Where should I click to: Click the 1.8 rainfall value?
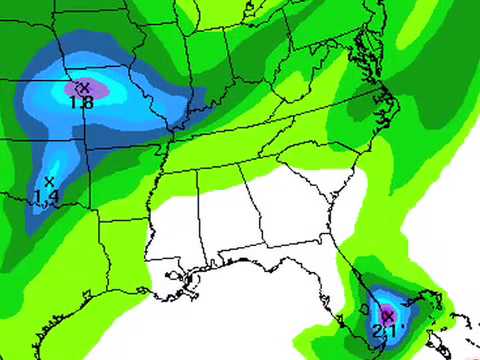(x=82, y=101)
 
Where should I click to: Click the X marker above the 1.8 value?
(x=84, y=87)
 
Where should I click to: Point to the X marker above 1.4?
(x=48, y=181)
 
